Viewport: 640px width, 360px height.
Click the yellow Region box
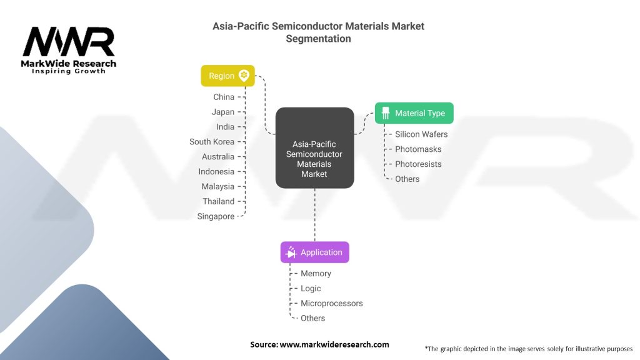tap(227, 76)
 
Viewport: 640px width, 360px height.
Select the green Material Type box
tap(414, 113)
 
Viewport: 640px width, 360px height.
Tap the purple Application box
tap(314, 252)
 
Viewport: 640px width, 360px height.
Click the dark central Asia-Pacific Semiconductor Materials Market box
tap(314, 148)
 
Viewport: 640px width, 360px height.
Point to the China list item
tap(224, 97)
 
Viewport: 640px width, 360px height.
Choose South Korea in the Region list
tap(212, 142)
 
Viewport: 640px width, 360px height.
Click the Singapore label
tap(216, 216)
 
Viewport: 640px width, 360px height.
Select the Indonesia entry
tap(216, 171)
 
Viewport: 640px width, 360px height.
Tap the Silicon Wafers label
tap(421, 134)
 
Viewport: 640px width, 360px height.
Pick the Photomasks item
tap(418, 149)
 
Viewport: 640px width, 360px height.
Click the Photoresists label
tap(418, 164)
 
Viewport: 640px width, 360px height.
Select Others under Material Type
tap(407, 179)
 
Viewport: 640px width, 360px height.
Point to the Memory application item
tap(316, 274)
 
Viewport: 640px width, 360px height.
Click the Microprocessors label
tap(331, 303)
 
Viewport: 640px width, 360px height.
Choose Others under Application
tap(312, 318)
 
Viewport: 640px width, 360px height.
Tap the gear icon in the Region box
tap(244, 76)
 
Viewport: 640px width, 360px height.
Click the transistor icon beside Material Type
tap(385, 113)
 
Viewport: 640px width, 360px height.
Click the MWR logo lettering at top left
tap(69, 42)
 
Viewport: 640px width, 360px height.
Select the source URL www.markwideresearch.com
tap(334, 344)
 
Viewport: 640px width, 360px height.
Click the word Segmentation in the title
tap(318, 39)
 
